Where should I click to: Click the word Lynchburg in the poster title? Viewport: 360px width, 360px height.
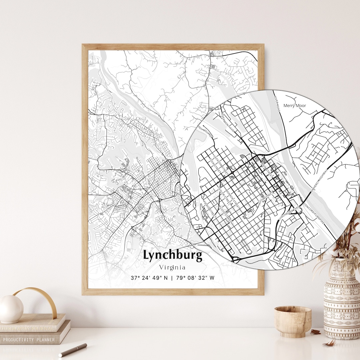point(173,255)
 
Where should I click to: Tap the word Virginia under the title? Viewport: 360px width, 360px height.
point(172,267)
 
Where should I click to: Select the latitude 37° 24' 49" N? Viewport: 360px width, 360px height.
point(149,278)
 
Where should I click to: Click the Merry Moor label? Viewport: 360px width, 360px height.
point(294,106)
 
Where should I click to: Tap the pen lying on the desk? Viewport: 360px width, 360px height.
point(73,350)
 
